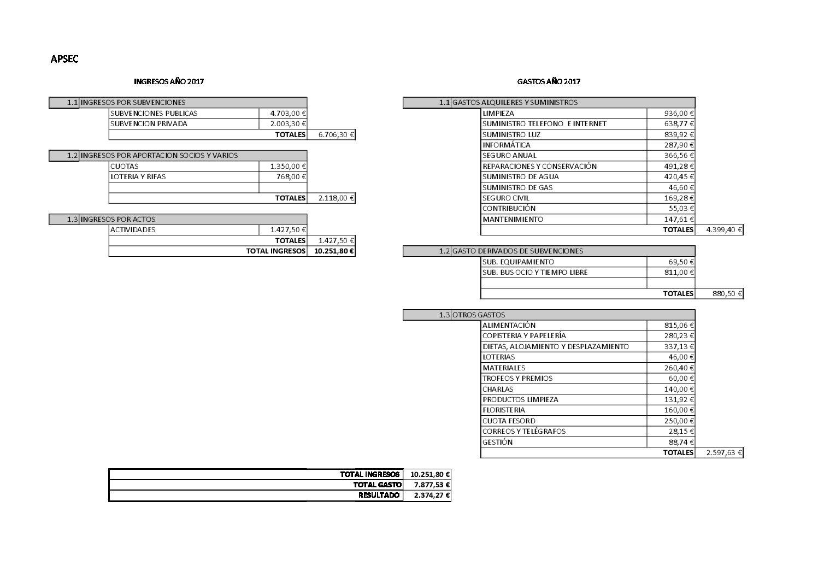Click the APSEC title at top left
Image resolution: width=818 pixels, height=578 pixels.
(x=64, y=59)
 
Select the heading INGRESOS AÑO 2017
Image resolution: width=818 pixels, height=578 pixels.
(x=169, y=81)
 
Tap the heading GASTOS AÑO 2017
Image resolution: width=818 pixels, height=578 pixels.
(x=549, y=81)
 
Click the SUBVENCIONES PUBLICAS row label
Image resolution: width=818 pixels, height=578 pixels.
(x=154, y=113)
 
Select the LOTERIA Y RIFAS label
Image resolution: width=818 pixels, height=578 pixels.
(x=138, y=176)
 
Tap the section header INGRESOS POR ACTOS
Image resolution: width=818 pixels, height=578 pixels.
(x=117, y=219)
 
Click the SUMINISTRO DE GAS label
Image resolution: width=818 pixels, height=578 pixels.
(x=517, y=187)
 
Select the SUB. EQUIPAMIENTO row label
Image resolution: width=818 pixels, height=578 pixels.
(x=518, y=262)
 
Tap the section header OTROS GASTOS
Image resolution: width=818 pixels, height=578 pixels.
(x=478, y=315)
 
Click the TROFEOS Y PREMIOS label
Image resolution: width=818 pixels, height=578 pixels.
(x=517, y=378)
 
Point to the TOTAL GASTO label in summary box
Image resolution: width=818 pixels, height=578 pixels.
(x=377, y=485)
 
